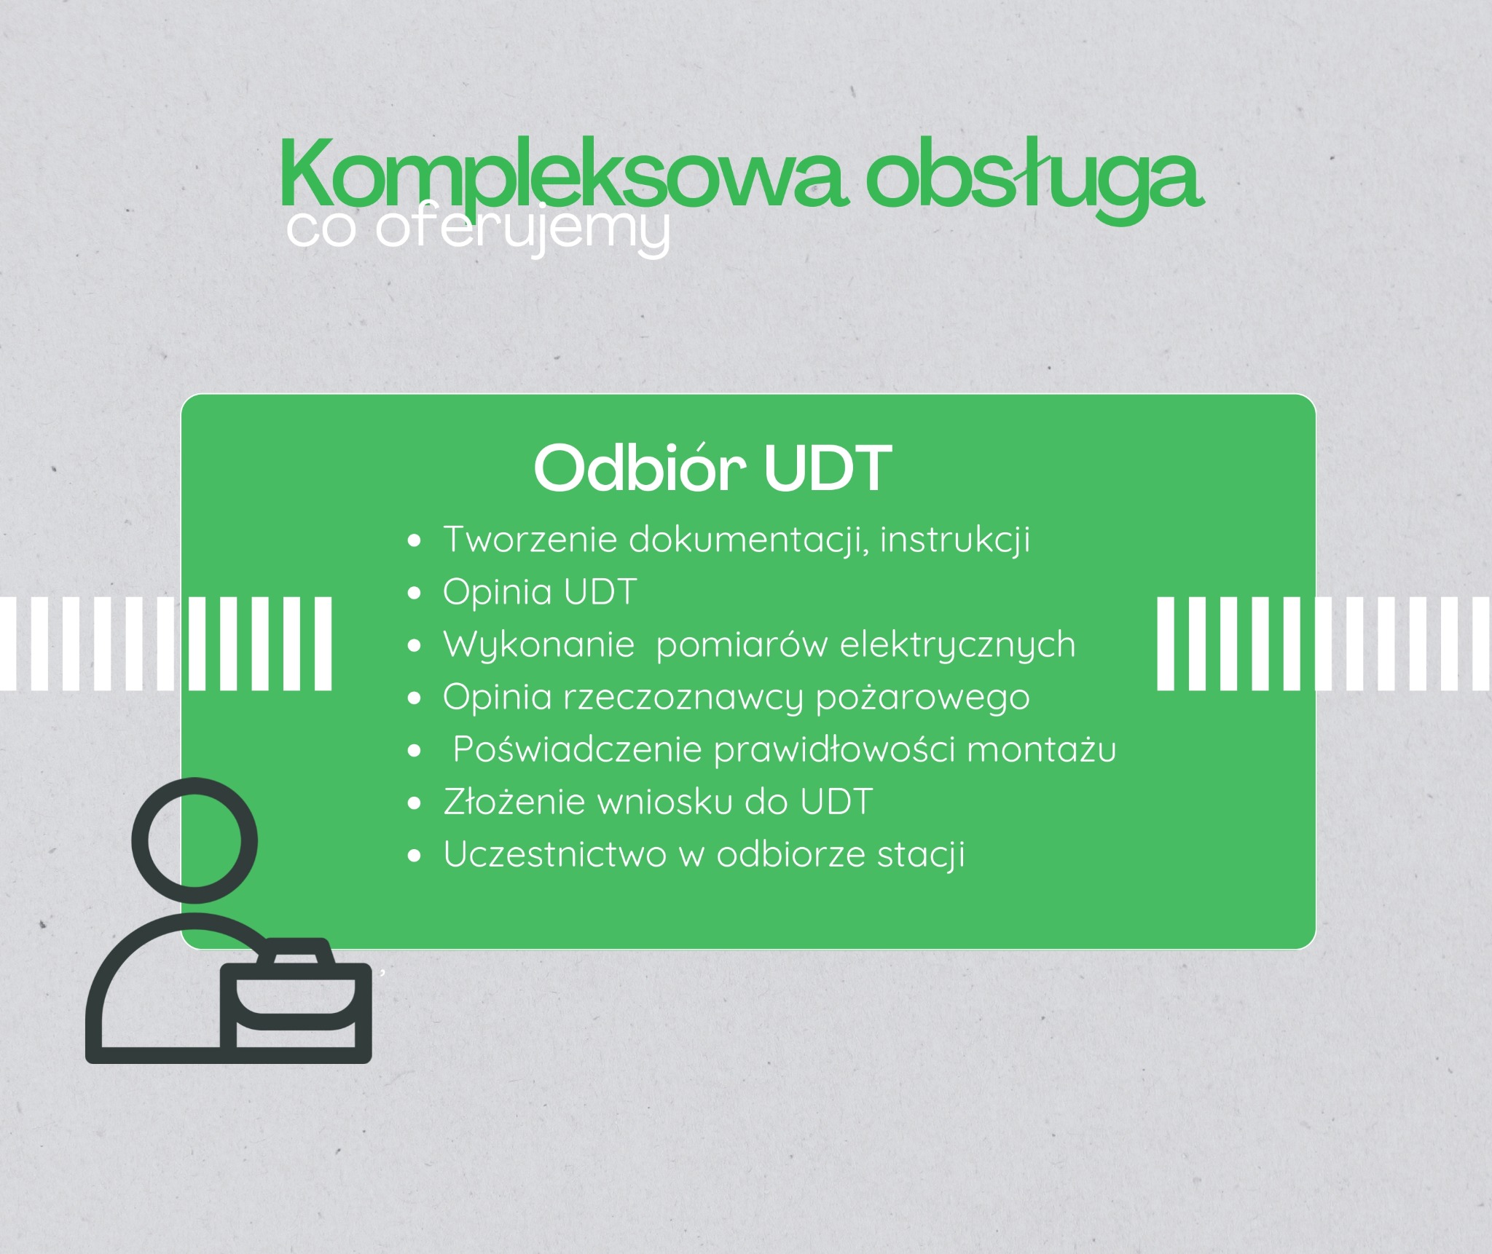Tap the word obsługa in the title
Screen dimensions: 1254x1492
click(1033, 178)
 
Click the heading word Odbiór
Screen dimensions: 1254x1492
click(640, 468)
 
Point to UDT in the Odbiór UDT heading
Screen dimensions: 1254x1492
click(828, 468)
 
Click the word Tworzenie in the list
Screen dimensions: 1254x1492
click(530, 540)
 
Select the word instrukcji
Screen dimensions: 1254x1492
click(954, 540)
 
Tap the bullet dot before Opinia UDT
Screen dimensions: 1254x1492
click(415, 593)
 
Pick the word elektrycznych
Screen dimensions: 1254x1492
click(957, 645)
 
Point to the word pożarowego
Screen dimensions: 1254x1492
click(922, 698)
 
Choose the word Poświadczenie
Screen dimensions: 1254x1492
click(576, 750)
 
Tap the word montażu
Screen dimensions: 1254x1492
click(1041, 750)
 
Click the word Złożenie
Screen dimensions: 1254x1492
click(514, 803)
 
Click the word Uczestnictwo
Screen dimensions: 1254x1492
click(554, 855)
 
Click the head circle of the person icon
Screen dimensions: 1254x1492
click(195, 840)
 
